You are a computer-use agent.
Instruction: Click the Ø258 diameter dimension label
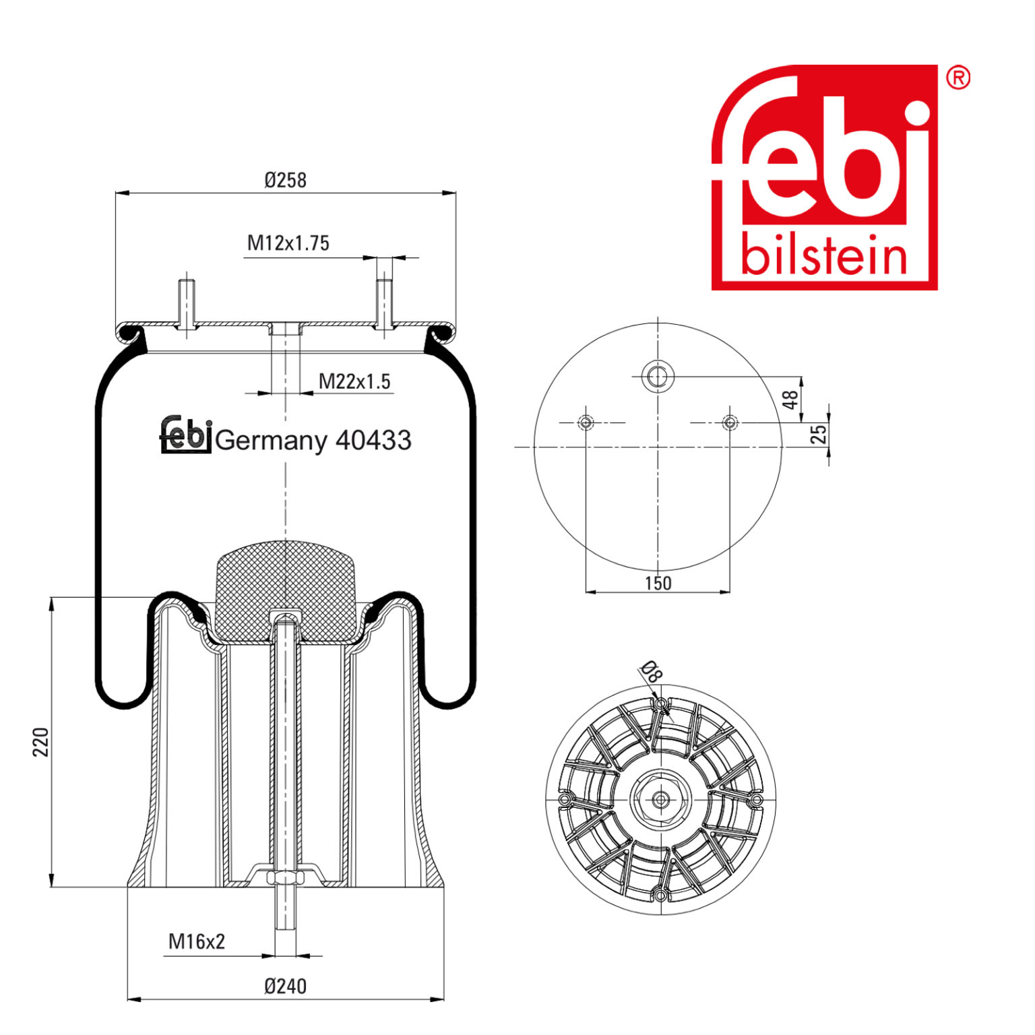click(285, 181)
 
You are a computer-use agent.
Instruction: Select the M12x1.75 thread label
click(288, 243)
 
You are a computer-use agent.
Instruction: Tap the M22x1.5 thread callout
click(354, 381)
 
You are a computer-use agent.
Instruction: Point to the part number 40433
click(373, 440)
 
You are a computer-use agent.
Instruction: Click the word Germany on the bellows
click(271, 441)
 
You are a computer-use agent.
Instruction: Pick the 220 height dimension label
click(42, 741)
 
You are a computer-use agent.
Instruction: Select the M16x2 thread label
click(197, 941)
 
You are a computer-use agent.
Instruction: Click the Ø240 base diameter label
click(285, 986)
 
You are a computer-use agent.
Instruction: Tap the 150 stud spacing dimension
click(658, 583)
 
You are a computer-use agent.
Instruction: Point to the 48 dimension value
click(790, 400)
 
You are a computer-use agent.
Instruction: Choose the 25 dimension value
click(818, 434)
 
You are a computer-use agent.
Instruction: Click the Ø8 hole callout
click(651, 672)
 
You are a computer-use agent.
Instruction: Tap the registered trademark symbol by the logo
click(958, 78)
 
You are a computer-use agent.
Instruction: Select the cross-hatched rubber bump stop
click(285, 586)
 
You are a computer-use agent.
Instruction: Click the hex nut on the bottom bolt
click(285, 878)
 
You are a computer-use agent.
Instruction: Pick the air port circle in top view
click(657, 376)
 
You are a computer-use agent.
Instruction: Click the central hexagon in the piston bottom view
click(660, 799)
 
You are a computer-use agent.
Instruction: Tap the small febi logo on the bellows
click(186, 434)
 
